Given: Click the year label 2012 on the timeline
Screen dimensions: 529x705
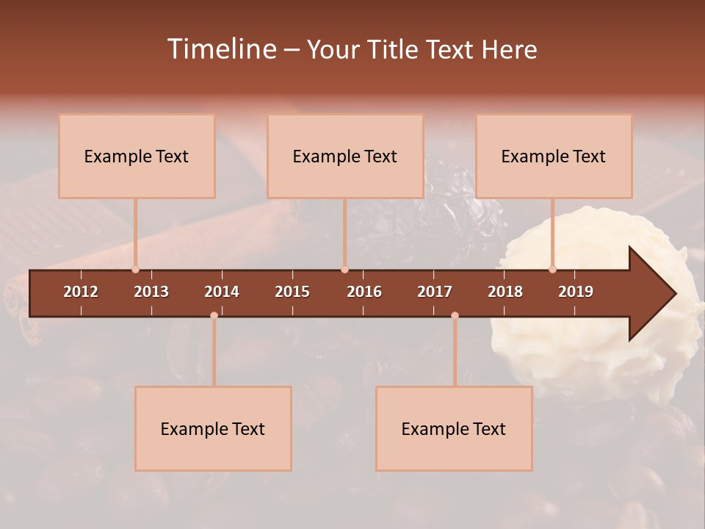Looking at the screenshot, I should (81, 292).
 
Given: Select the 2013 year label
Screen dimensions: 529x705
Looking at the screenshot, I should (151, 292).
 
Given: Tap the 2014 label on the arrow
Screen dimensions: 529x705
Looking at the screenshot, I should (222, 292).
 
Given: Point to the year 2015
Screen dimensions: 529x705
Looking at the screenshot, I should (292, 292).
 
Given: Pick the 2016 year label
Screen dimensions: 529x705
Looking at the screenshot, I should (364, 292).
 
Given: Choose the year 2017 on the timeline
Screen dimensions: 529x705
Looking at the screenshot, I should (435, 292).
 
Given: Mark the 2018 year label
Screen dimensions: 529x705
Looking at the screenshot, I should (505, 292).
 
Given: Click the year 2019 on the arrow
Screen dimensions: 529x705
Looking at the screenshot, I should (576, 292).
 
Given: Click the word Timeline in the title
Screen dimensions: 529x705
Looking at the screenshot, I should (221, 49).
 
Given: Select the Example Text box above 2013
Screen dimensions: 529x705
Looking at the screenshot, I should (137, 156).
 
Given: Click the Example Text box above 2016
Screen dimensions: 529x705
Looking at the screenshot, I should (345, 156).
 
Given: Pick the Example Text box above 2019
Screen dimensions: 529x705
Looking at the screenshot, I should (554, 156).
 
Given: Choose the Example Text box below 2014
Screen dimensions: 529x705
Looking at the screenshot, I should (213, 428).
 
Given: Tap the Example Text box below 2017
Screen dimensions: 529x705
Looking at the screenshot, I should (454, 428).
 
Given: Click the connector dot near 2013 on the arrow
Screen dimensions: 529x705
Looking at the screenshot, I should (136, 270).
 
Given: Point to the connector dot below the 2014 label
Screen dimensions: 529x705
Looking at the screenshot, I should (214, 315).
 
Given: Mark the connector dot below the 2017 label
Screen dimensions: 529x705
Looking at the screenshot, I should (455, 315).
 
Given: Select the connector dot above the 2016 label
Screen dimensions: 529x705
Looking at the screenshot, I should (345, 270).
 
